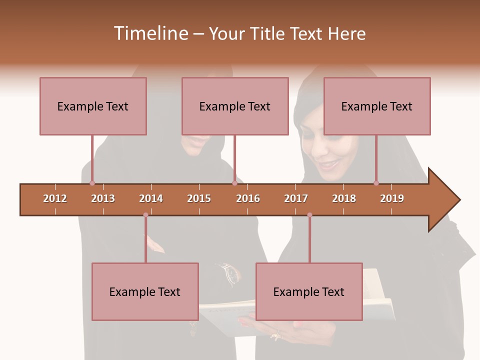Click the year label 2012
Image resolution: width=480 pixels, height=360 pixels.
(55, 198)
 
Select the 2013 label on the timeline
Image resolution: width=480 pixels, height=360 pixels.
(103, 198)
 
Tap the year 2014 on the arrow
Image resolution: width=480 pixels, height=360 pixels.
(151, 198)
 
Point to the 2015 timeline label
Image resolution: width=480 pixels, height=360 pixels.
(199, 198)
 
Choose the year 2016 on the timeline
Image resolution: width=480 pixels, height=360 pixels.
(248, 198)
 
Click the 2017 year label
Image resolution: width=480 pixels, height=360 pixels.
(296, 198)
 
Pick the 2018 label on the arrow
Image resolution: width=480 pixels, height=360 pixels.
(344, 198)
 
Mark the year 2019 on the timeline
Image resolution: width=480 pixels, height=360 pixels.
(392, 198)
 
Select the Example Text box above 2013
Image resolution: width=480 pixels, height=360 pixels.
(93, 106)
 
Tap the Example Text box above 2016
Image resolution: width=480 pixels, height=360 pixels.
(235, 106)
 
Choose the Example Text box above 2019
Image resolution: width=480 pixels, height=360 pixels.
(377, 106)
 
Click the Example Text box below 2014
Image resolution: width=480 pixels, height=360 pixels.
(145, 291)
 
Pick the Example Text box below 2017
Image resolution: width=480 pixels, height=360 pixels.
(309, 291)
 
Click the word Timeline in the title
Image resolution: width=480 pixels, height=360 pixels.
(150, 33)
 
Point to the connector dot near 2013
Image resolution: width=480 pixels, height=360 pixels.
(92, 183)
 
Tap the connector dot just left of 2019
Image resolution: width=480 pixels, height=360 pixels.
(376, 183)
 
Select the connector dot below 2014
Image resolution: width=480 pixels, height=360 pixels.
(145, 215)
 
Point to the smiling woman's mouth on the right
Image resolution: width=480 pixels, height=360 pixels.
(328, 164)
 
